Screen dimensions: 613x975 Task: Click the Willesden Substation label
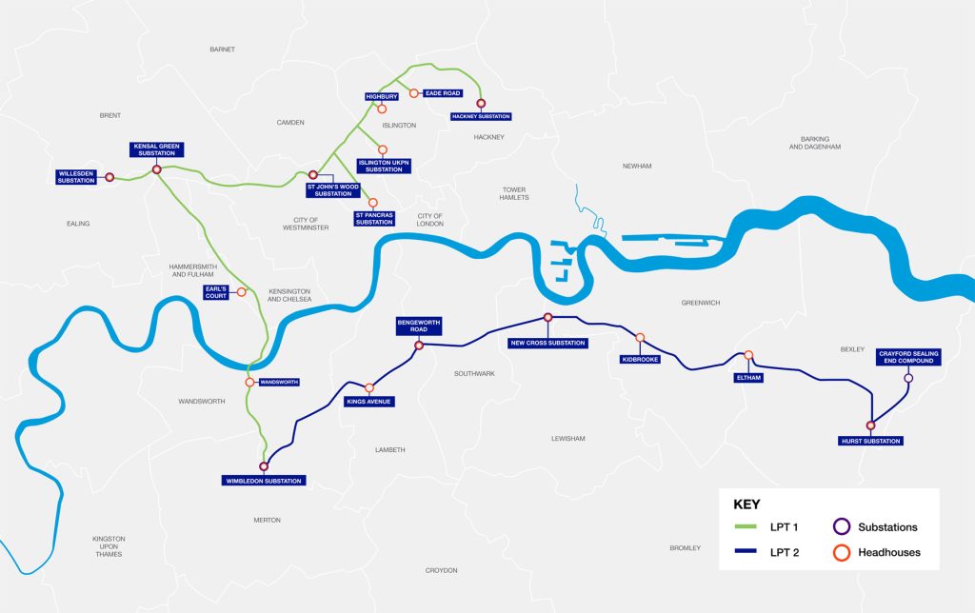[x=76, y=176]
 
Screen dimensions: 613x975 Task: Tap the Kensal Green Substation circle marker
[x=156, y=170]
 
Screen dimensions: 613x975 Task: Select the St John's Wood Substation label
[x=328, y=189]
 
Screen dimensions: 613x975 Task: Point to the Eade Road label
[x=444, y=93]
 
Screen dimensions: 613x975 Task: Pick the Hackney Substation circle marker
[x=481, y=103]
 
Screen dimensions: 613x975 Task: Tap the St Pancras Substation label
[x=373, y=219]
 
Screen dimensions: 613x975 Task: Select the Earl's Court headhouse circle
[x=242, y=291]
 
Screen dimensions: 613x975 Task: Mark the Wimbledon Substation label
[x=263, y=481]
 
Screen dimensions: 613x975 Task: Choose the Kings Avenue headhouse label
[x=368, y=402]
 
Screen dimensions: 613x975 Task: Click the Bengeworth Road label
[x=419, y=326]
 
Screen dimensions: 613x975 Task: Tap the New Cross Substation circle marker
[x=547, y=317]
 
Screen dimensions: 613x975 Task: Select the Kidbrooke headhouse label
[x=640, y=360]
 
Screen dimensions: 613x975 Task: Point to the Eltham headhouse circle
[x=748, y=356]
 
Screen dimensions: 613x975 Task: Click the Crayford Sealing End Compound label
[x=907, y=357]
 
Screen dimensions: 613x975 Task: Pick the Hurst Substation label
[x=870, y=441]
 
